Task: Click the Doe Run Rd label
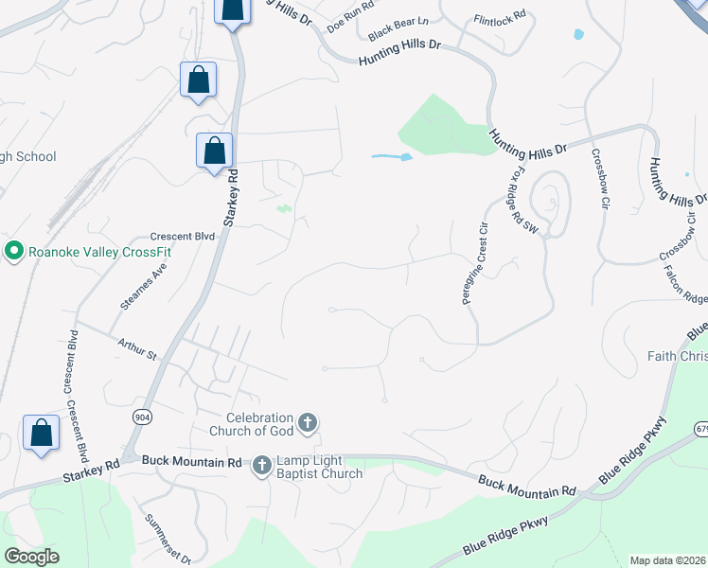click(x=349, y=22)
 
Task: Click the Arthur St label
click(x=137, y=348)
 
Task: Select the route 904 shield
click(x=142, y=417)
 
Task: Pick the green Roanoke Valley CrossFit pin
click(x=13, y=251)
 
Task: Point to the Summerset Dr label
click(x=168, y=538)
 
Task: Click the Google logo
click(x=31, y=557)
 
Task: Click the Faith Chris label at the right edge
click(x=677, y=356)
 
